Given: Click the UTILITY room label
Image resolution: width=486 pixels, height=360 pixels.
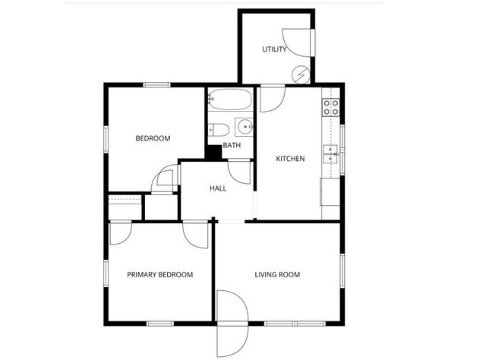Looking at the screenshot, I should tap(274, 50).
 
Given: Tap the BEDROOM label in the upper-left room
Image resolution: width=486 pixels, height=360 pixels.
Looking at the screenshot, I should tap(153, 138).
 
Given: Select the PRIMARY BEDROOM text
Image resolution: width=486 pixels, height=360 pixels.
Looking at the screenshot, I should tap(159, 275).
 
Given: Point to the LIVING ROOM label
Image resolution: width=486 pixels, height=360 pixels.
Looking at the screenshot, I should tap(277, 275).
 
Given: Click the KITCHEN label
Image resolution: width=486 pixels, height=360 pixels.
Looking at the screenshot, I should tap(290, 159).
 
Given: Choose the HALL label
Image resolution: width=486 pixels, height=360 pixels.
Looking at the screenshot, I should tap(218, 188).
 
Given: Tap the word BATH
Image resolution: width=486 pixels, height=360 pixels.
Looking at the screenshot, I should tap(232, 145).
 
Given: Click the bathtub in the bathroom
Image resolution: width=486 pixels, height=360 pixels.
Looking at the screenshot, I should tap(231, 100).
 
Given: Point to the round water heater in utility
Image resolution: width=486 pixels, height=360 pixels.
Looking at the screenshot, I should tap(302, 74).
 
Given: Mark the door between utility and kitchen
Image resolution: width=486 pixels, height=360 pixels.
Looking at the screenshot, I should tap(272, 99).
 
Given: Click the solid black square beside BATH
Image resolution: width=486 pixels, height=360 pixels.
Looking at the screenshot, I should tap(213, 150).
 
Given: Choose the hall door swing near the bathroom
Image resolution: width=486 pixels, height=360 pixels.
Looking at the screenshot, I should tap(241, 172).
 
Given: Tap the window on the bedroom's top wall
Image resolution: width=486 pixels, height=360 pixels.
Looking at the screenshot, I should tap(156, 85).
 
